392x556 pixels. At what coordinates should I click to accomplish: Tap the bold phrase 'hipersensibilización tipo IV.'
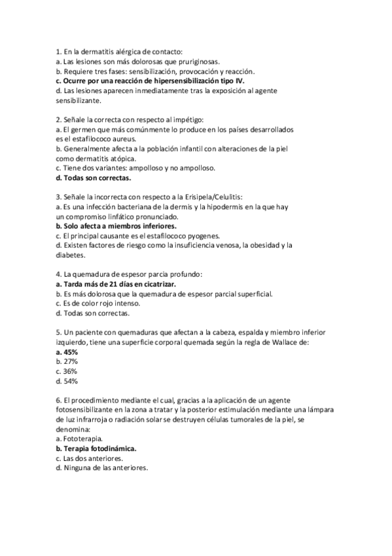pyautogui.click(x=198, y=80)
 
